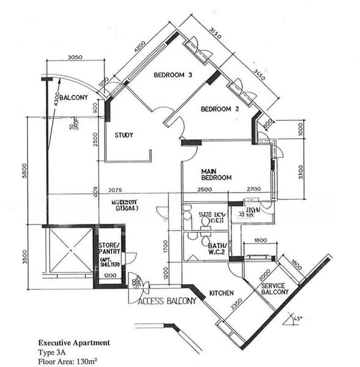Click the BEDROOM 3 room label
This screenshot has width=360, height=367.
pyautogui.click(x=173, y=75)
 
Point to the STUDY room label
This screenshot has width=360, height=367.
pyautogui.click(x=124, y=135)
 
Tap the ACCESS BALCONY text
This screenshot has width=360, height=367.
pyautogui.click(x=167, y=301)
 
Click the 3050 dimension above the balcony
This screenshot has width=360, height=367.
pyautogui.click(x=75, y=57)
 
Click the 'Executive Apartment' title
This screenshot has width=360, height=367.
pyautogui.click(x=75, y=343)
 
